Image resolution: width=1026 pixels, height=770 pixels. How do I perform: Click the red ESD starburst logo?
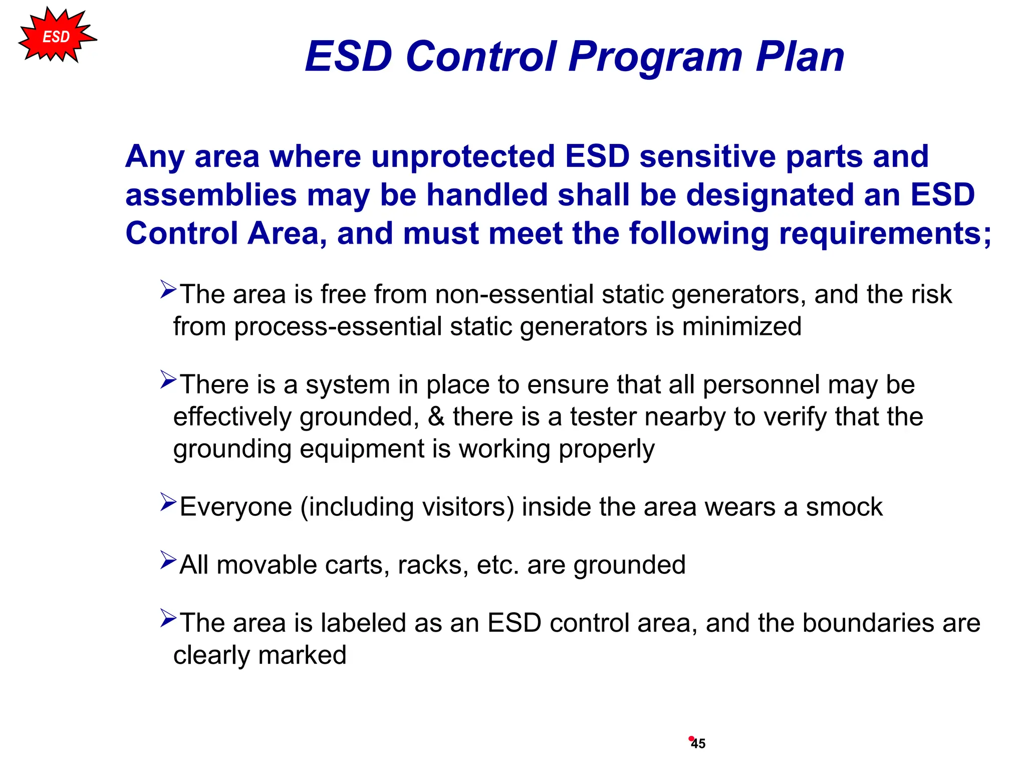pos(56,36)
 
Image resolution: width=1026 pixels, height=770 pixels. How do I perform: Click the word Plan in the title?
pos(800,56)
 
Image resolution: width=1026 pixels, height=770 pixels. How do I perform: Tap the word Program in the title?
pos(655,56)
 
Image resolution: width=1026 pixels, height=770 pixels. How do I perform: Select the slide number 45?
pos(698,744)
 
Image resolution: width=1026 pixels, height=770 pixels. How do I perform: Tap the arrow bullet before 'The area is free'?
pos(168,289)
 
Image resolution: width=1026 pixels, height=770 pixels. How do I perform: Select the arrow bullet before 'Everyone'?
pos(168,502)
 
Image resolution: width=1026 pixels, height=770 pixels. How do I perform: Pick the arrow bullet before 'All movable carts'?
pos(168,560)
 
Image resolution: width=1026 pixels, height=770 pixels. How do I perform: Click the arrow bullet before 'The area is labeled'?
pos(168,618)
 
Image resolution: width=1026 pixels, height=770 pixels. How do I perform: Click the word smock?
pos(844,507)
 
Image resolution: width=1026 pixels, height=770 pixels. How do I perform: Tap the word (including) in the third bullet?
pos(357,507)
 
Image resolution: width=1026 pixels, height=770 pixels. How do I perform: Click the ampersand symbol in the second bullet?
pos(436,417)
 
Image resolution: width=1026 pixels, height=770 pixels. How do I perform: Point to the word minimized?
pos(741,327)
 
